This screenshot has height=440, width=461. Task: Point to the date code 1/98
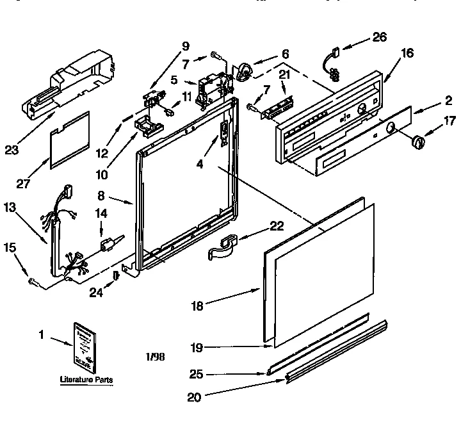[156, 356]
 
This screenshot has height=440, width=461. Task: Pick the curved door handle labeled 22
[223, 247]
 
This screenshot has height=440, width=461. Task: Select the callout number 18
[197, 306]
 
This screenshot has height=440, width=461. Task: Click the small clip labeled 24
[116, 275]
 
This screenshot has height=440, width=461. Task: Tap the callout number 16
[407, 54]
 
